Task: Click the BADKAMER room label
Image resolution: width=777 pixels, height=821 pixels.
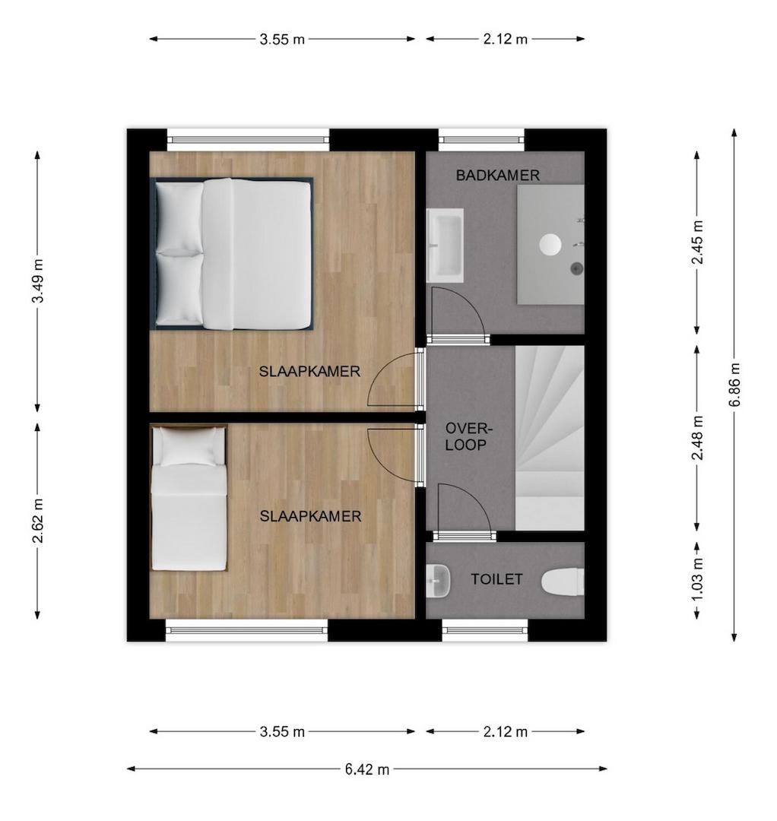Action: (497, 176)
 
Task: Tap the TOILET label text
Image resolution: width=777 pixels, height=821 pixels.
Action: (496, 579)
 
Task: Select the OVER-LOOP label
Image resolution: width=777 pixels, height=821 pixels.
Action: (468, 436)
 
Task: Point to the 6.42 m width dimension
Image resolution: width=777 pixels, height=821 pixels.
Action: (367, 769)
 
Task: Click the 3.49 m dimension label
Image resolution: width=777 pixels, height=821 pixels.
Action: (38, 281)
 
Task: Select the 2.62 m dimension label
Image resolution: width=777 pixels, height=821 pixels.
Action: (38, 521)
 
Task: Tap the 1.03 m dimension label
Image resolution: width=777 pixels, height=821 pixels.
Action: (697, 581)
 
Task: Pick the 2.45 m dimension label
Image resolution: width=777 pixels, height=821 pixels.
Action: (697, 242)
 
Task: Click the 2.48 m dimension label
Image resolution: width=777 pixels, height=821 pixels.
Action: (697, 438)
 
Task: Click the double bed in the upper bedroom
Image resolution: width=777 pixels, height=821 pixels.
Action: (232, 254)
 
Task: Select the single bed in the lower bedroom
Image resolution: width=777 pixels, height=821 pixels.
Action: (189, 498)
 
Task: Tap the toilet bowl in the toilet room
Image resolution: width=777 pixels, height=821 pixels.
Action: (563, 582)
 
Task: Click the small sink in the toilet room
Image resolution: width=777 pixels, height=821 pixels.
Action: (438, 582)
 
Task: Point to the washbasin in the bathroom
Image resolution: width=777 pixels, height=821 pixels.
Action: (445, 246)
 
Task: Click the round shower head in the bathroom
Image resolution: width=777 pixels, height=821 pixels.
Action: (550, 245)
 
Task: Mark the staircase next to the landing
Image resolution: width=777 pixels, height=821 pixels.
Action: (549, 438)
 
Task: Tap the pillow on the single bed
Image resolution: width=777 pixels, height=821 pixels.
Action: (189, 447)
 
